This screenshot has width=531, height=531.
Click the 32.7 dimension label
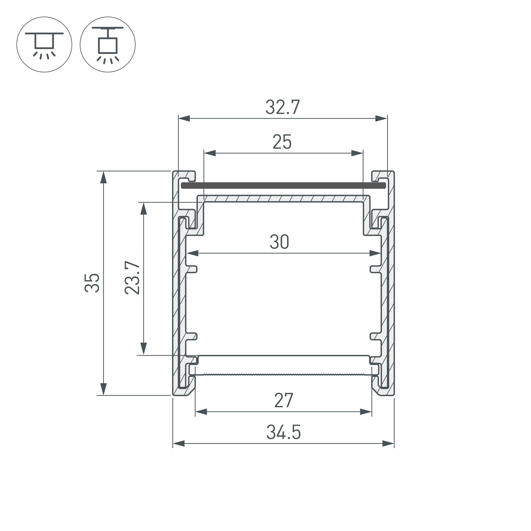click(282, 107)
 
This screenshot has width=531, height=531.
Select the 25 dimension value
click(282, 142)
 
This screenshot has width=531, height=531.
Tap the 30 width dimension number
click(279, 242)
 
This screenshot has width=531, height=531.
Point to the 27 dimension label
click(284, 400)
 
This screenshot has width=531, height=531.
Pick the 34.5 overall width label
click(284, 432)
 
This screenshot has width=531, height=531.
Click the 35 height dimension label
click(92, 283)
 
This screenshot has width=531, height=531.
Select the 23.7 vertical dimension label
click(132, 278)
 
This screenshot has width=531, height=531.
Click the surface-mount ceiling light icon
click(44, 45)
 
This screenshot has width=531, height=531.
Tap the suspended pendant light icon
click(108, 45)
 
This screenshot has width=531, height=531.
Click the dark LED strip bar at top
click(283, 186)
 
